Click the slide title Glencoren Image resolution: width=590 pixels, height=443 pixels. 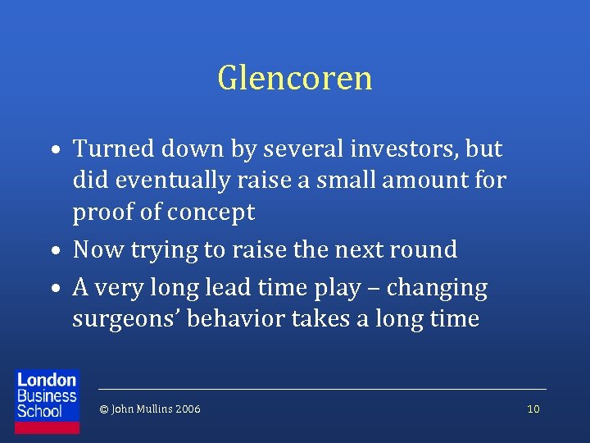[295, 79]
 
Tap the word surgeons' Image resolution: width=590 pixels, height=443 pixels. [125, 318]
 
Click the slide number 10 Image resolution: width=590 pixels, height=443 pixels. [533, 409]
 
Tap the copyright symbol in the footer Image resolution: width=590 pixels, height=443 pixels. [103, 409]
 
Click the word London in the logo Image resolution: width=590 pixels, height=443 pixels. [47, 380]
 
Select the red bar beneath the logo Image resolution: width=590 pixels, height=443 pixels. [48, 427]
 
